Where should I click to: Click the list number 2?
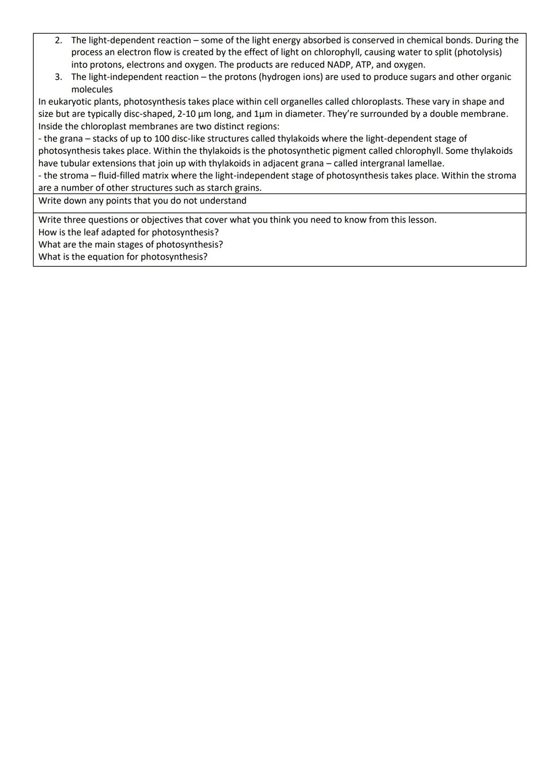coord(59,40)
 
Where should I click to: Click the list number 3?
coord(59,77)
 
